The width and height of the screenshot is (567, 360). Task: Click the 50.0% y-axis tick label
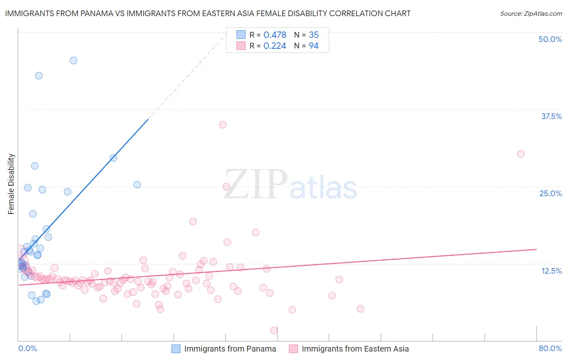coord(550,39)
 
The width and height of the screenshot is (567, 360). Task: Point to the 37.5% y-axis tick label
coord(551,116)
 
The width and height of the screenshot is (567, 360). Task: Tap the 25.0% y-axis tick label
coord(550,193)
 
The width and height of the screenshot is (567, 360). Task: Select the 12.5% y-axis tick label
coord(551,271)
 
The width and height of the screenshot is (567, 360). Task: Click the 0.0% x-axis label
coord(27,348)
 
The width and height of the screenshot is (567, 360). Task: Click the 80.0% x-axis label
coord(550,348)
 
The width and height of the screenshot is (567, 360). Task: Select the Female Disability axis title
coord(11,184)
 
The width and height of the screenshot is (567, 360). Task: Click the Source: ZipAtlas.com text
coord(531,14)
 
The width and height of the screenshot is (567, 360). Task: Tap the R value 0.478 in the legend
coord(275,35)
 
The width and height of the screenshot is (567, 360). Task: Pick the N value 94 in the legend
coord(313,46)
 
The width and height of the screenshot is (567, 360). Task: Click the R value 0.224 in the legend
coord(275,46)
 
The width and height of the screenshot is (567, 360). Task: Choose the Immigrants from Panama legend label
coord(230,349)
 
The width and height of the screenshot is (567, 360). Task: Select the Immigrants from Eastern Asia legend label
coord(355,349)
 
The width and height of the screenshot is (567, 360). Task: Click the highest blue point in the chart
coord(73,61)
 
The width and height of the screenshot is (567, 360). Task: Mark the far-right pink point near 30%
coord(521,154)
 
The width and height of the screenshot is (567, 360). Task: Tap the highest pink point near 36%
coord(223,125)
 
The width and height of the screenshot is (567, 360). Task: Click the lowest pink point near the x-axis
coord(274,330)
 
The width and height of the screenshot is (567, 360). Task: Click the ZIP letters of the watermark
coord(256,184)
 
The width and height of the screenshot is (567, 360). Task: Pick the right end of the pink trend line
coord(536,249)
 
